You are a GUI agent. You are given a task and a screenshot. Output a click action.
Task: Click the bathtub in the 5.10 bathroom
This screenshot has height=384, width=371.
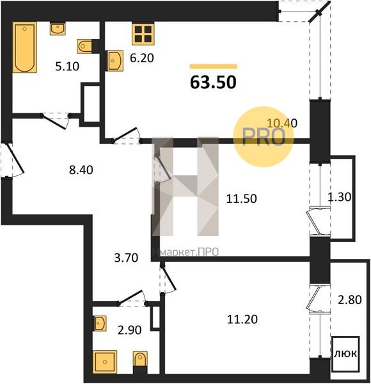tap(25, 47)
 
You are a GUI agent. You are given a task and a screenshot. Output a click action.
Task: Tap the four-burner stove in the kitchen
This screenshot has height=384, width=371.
tap(143, 33)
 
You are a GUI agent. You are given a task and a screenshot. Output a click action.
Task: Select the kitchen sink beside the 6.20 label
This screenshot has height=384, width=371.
tap(115, 61)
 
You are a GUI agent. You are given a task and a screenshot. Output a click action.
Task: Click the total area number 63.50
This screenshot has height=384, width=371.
tap(213, 82)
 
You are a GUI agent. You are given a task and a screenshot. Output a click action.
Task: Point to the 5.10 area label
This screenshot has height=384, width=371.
tap(67, 67)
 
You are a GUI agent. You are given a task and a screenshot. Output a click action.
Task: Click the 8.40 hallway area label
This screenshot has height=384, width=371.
tap(81, 170)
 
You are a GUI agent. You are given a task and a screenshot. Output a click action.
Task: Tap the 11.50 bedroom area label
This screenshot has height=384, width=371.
tap(242, 198)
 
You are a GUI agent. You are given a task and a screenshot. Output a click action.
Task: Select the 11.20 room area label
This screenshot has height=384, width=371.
tap(242, 319)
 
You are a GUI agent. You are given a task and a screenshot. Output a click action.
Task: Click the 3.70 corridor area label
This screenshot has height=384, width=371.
tap(126, 258)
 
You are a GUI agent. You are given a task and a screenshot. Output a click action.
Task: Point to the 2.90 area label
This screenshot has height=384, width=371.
tap(129, 330)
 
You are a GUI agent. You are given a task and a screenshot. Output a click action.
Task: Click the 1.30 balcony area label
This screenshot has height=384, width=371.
tap(339, 197)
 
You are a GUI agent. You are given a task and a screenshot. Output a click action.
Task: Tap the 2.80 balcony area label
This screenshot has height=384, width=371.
tap(350, 300)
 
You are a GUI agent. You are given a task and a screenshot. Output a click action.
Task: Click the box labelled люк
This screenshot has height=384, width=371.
tap(345, 354)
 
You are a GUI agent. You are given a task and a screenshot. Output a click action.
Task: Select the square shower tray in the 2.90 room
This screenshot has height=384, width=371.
tap(105, 362)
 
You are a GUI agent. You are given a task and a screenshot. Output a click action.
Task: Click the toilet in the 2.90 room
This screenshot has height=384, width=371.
tap(140, 360)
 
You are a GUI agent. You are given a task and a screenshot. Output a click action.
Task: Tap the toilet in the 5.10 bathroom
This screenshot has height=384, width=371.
tap(84, 46)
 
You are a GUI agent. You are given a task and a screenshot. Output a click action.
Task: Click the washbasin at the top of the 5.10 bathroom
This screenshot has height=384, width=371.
tap(58, 29)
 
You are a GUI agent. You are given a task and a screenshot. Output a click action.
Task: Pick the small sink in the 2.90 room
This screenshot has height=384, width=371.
tap(100, 323)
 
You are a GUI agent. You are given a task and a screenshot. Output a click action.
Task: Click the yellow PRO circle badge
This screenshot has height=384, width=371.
tap(264, 137)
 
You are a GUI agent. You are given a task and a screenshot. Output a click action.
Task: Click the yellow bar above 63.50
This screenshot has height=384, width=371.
tap(214, 67)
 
